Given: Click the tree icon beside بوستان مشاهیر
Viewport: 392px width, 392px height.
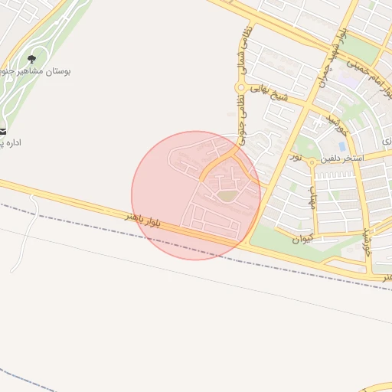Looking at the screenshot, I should point(31,59).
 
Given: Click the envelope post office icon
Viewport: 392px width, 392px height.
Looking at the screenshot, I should point(2,130).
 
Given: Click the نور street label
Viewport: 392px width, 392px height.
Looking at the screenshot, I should point(295,157).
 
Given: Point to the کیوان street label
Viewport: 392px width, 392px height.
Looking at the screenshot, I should point(302,238).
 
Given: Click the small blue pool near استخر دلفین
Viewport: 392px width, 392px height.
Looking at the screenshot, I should point(341,145).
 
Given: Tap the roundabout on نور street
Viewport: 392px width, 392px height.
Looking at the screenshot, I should point(312,163).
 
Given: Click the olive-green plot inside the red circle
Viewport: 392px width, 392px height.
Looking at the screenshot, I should point(226,196).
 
